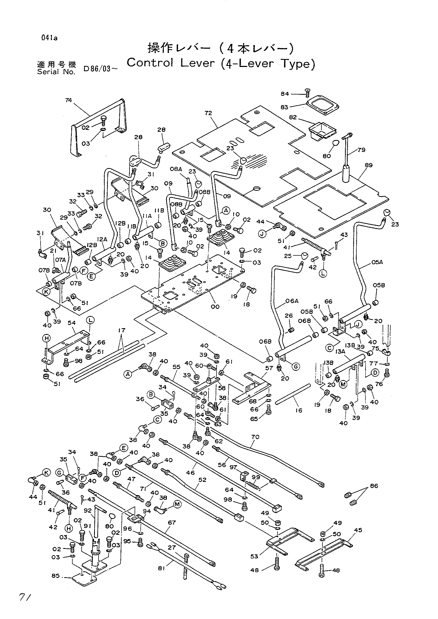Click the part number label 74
click(69, 100)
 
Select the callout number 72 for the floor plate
click(208, 113)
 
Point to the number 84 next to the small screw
click(285, 94)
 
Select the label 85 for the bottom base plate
click(56, 576)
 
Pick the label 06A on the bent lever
click(292, 301)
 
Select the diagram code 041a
click(49, 38)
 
